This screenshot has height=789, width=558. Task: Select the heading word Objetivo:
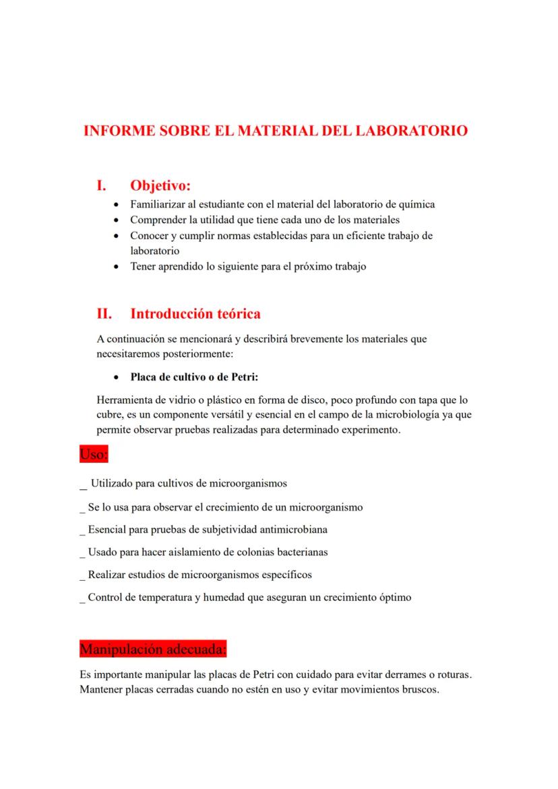pos(160,185)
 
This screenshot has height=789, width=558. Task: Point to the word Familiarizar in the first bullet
pos(156,203)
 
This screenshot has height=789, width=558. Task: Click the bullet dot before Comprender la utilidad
pos(119,220)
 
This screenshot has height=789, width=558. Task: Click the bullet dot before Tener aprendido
pos(119,267)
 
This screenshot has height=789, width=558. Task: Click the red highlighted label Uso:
pos(94,454)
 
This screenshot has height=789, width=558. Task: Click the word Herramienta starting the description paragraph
pos(126,400)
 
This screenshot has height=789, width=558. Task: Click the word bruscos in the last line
pos(421,689)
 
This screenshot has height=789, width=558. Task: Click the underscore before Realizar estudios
pos(82,576)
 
